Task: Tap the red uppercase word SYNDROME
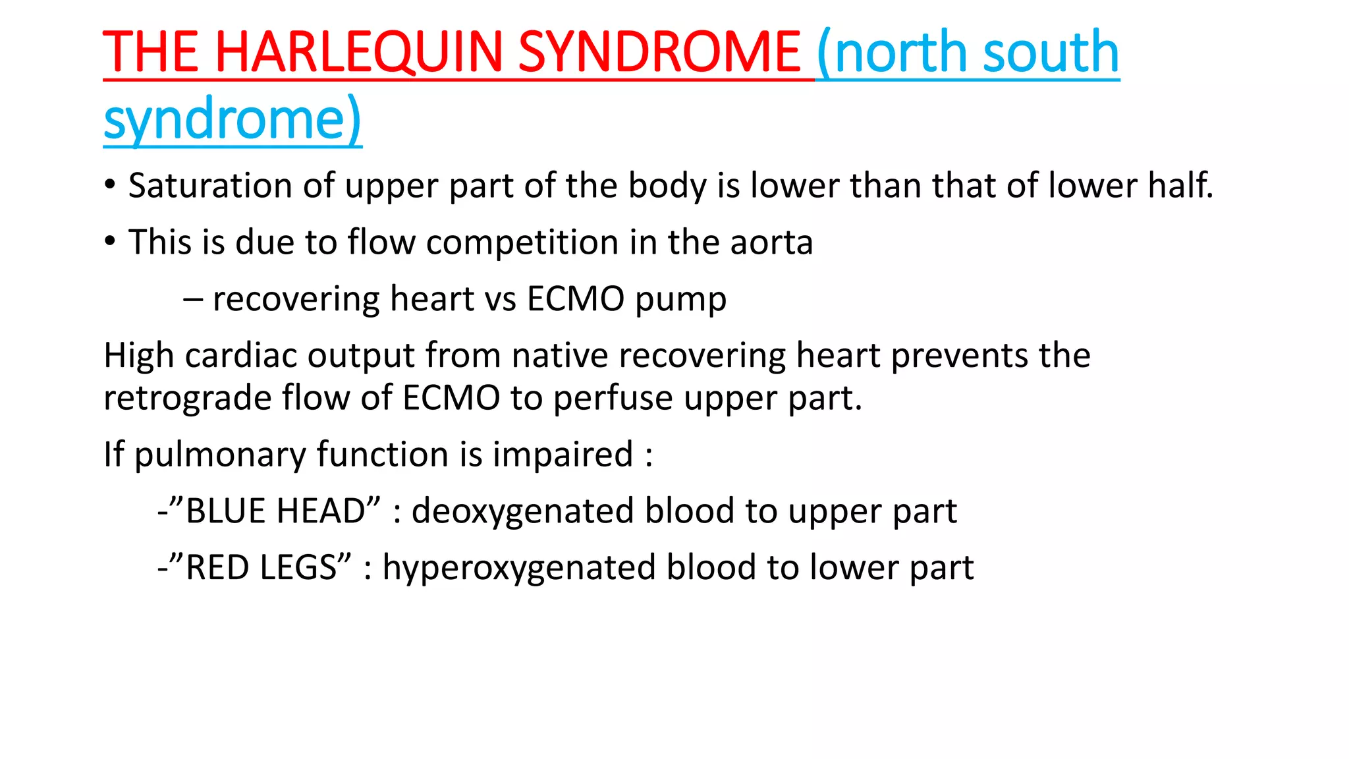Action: [x=659, y=53]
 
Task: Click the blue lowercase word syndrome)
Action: [x=233, y=120]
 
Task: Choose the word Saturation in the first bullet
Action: [x=210, y=186]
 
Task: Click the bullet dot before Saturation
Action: [x=110, y=185]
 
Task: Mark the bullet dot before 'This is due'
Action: [x=110, y=242]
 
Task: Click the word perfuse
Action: [x=614, y=399]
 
